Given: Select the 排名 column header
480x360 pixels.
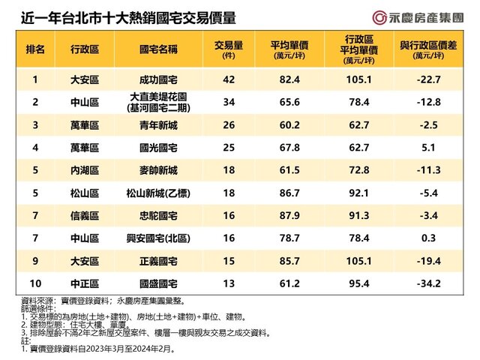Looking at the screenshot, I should coord(34,50).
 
